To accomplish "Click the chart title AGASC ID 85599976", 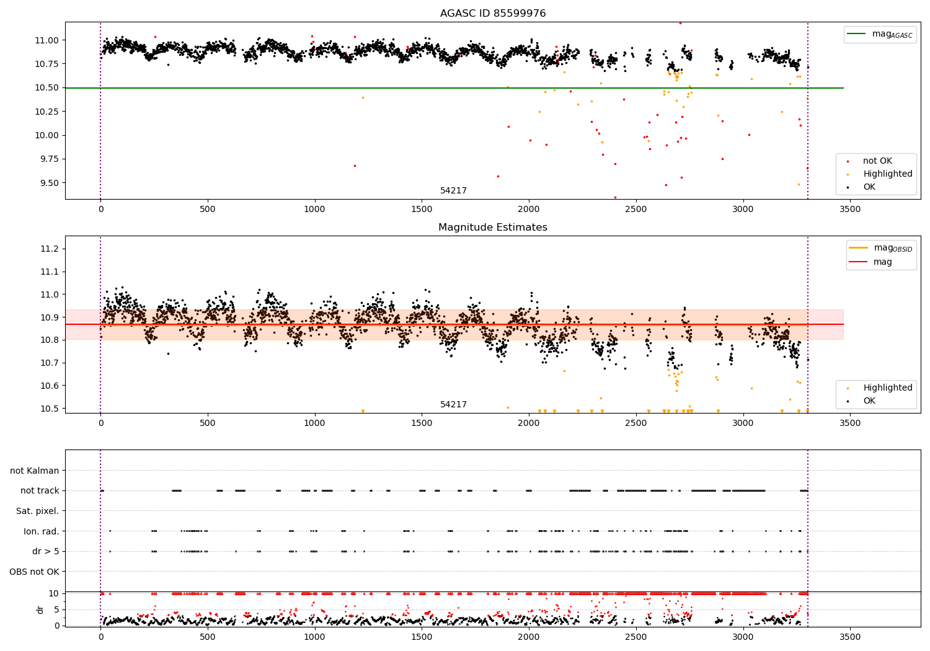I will (x=493, y=14).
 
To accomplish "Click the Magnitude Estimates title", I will (x=493, y=228).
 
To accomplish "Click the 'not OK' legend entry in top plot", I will (x=877, y=161).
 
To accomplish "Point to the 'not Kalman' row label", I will (x=35, y=471).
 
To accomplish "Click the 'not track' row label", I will (x=40, y=490).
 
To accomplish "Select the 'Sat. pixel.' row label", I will (x=37, y=511).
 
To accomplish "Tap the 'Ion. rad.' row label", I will (x=41, y=531).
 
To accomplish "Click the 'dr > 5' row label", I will (x=46, y=551).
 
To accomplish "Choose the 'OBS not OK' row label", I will (x=34, y=572).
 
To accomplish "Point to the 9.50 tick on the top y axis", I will (x=47, y=183).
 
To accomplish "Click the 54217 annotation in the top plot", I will (x=453, y=191).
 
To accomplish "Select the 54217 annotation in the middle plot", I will (x=453, y=405).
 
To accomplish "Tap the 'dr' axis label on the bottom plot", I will (x=40, y=609).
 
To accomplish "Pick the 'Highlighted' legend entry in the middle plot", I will (x=887, y=387).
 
